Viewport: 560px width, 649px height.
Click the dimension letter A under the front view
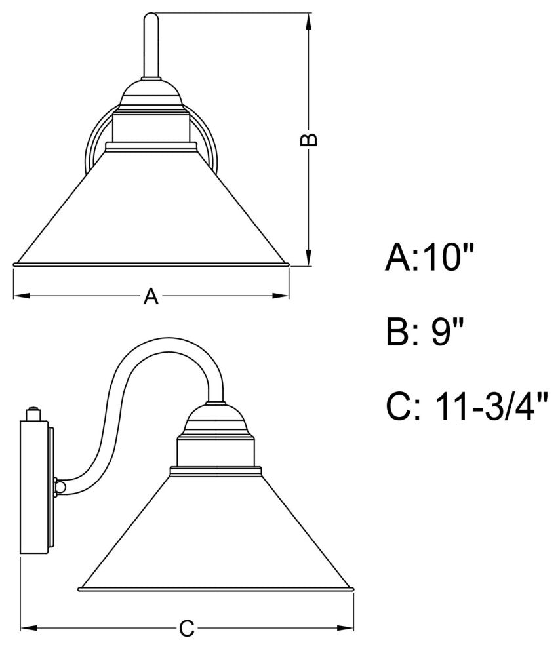pos(151,297)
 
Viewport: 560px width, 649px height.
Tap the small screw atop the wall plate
pos(32,414)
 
